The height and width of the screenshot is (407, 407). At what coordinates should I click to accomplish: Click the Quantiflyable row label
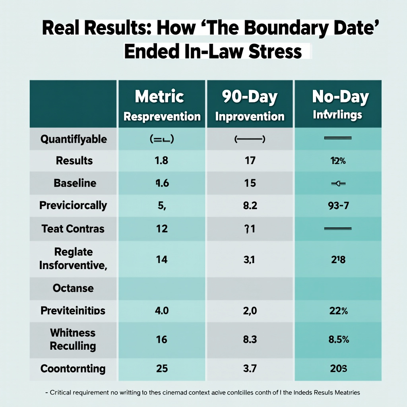(x=74, y=139)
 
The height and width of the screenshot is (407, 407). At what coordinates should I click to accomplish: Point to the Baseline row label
(x=75, y=183)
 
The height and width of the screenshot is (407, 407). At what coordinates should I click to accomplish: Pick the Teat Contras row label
(x=73, y=229)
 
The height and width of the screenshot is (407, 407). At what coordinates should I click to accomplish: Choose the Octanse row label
(x=73, y=288)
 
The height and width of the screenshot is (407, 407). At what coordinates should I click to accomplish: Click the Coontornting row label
(x=73, y=368)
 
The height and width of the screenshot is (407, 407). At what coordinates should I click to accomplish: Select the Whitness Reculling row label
(x=73, y=339)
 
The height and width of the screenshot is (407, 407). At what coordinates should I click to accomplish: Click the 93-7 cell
(x=337, y=205)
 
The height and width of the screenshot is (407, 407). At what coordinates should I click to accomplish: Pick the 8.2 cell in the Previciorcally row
(x=250, y=205)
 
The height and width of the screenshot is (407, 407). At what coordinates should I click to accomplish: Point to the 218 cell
(x=337, y=260)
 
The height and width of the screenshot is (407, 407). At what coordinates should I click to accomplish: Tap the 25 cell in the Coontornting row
(x=162, y=368)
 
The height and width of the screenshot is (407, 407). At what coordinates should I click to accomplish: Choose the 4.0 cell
(x=162, y=310)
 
